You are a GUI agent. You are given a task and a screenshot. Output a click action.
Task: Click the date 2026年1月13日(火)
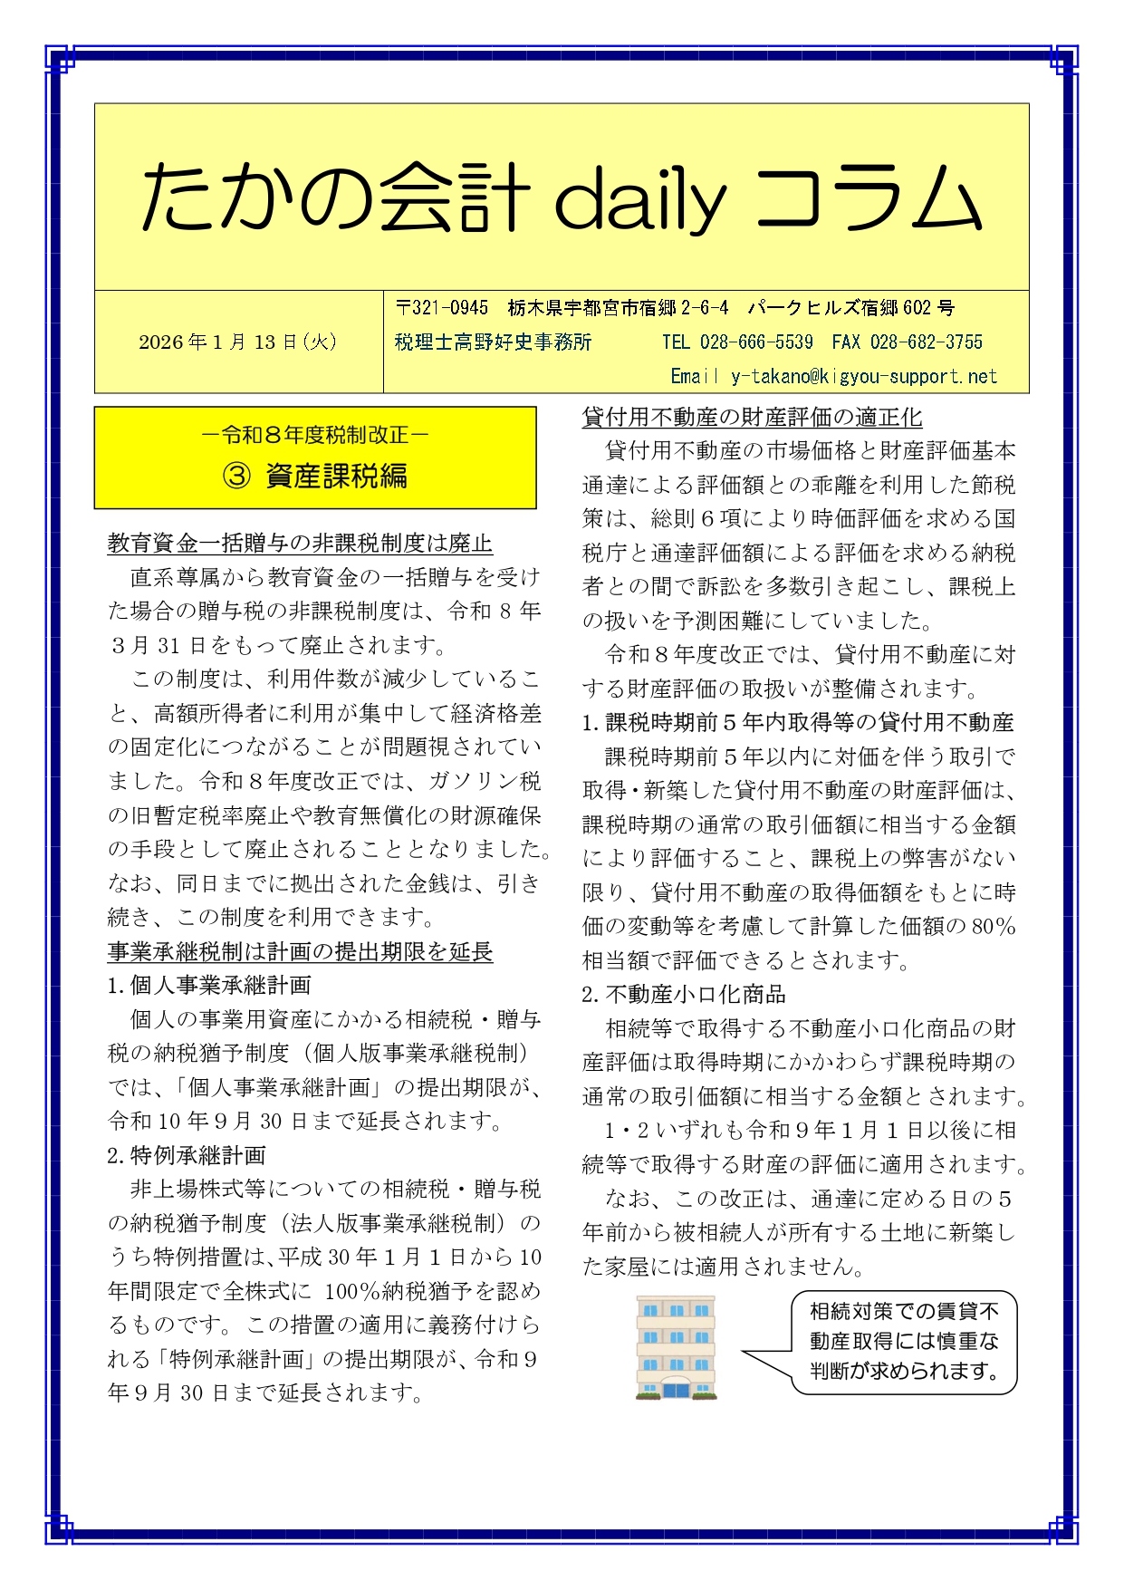(238, 342)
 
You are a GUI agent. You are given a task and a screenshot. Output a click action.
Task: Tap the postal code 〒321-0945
(442, 308)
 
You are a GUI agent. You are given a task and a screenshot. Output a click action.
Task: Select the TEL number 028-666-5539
(755, 342)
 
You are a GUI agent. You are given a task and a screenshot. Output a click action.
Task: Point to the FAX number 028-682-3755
(926, 342)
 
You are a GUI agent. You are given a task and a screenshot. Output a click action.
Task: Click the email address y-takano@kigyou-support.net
(863, 376)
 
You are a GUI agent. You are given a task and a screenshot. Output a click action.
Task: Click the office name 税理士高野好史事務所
(493, 342)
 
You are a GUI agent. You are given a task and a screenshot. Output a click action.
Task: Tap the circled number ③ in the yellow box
(236, 477)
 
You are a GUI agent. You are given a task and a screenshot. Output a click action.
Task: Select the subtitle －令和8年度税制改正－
(314, 436)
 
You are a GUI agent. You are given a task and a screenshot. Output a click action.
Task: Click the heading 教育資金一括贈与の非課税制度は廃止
(300, 544)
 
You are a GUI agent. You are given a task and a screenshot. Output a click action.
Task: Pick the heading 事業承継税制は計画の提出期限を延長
(300, 951)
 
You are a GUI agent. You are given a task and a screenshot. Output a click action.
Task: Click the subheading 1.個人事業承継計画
(209, 986)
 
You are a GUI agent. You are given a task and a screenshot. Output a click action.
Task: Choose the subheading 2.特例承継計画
(187, 1155)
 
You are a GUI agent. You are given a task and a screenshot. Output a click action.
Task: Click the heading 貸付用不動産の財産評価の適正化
(752, 418)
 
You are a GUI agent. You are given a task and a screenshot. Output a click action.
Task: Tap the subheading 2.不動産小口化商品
(684, 995)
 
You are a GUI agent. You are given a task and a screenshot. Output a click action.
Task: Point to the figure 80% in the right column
(993, 927)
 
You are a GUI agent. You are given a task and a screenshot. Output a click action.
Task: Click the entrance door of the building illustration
(676, 1389)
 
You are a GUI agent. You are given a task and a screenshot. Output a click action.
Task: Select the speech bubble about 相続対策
(903, 1342)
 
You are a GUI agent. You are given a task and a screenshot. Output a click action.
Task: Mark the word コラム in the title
(868, 198)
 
